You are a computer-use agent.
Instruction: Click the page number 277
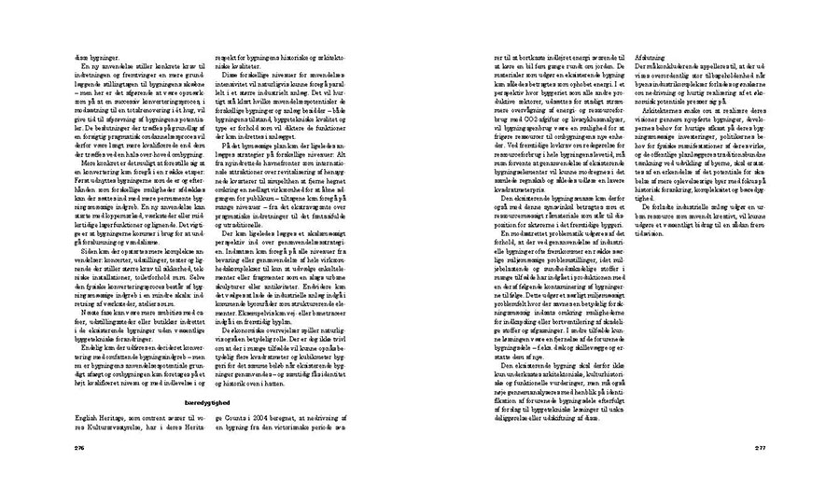(x=761, y=447)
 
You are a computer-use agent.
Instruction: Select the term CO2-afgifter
(x=552, y=116)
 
